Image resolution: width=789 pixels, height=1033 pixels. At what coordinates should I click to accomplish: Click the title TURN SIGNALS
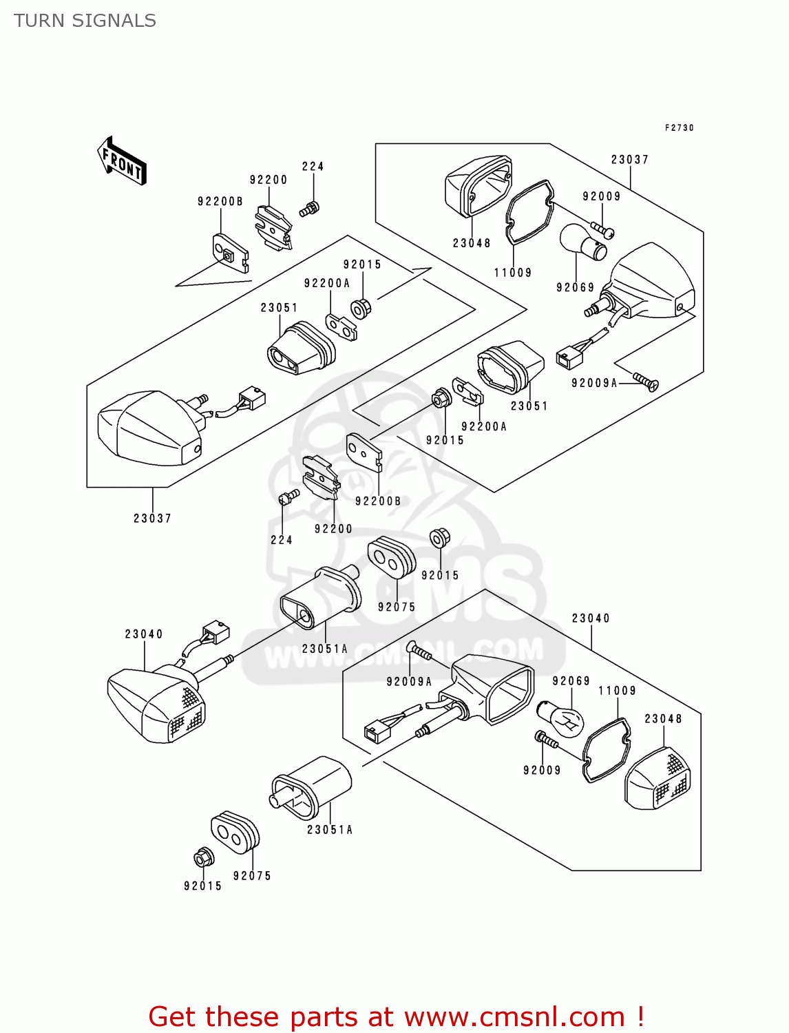click(85, 21)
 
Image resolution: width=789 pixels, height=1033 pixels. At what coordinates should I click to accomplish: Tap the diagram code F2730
click(679, 128)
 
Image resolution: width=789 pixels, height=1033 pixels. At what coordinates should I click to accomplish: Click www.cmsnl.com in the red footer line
click(514, 1016)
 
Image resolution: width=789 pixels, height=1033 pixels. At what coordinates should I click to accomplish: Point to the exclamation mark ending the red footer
click(640, 1016)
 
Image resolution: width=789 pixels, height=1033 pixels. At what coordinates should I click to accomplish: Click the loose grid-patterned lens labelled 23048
click(657, 779)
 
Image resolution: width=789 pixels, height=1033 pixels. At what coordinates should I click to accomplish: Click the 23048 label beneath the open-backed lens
click(472, 243)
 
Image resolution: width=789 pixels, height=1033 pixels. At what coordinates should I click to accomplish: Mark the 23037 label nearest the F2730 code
click(630, 160)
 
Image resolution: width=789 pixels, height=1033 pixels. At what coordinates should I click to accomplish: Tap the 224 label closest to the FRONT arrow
click(313, 167)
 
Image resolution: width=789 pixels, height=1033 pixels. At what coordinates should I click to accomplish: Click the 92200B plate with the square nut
click(230, 253)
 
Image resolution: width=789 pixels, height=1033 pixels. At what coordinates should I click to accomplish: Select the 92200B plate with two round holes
click(364, 451)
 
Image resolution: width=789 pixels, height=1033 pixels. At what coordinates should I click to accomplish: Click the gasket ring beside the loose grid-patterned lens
click(605, 750)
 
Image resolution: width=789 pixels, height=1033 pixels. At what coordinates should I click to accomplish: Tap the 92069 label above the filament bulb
click(571, 681)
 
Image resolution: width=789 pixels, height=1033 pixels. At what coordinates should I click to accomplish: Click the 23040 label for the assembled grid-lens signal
click(144, 634)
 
